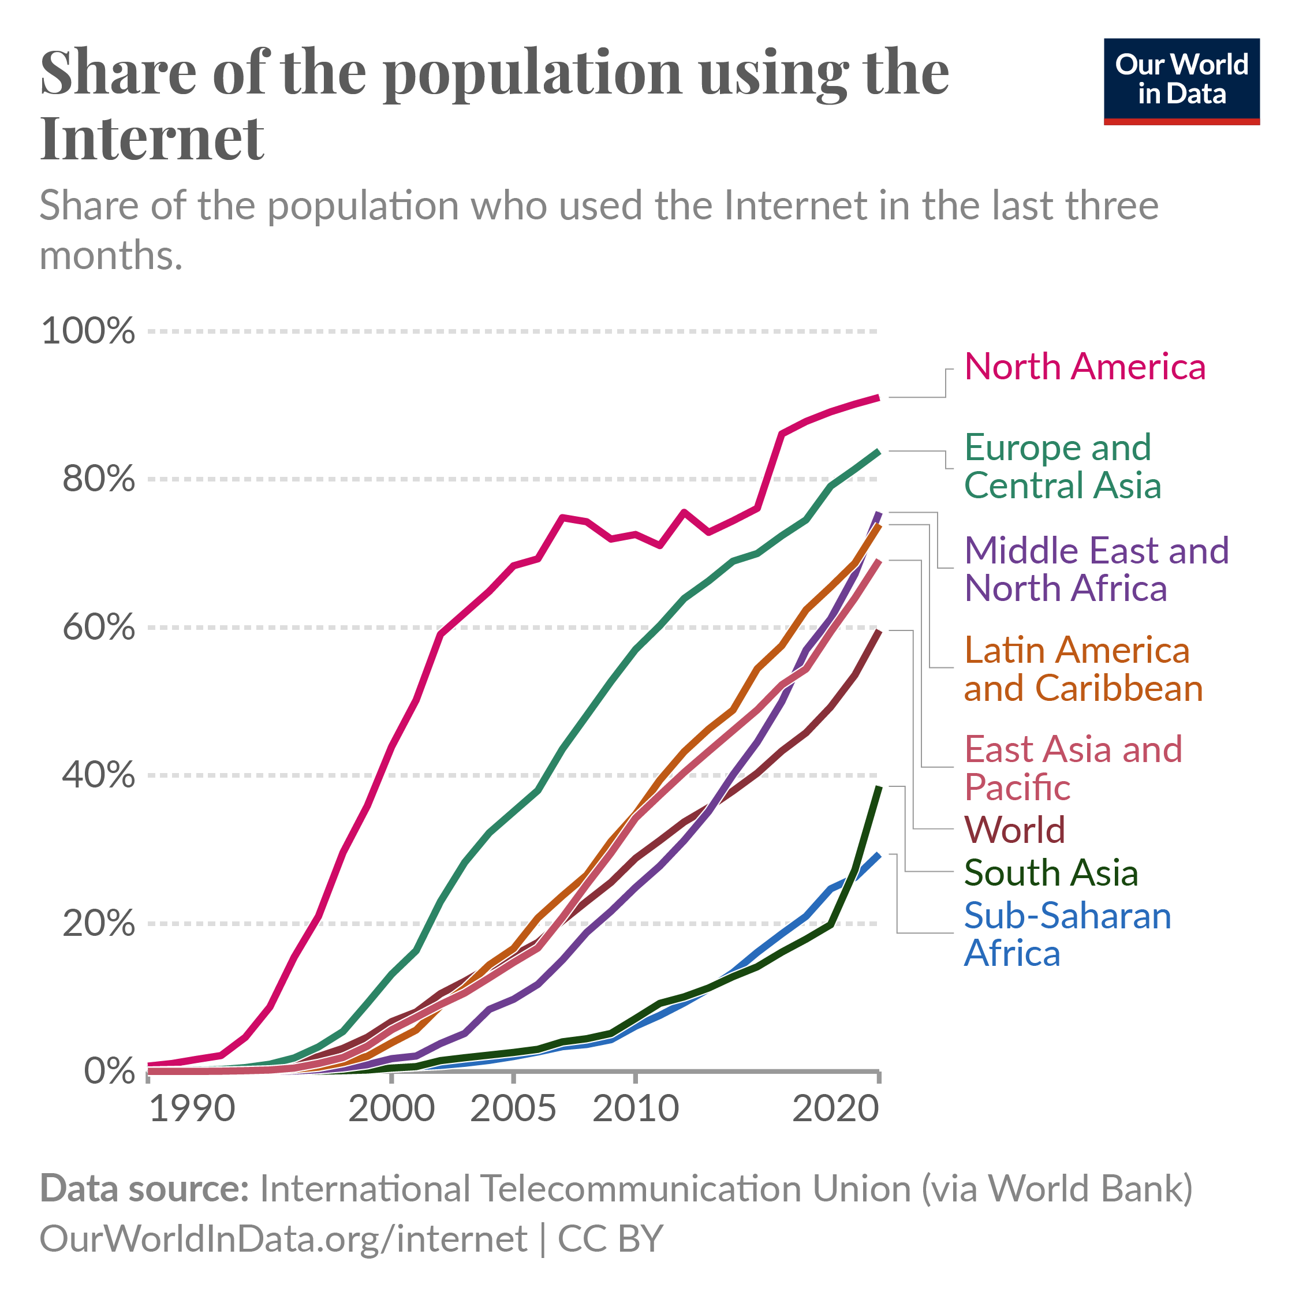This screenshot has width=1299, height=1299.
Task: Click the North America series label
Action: pyautogui.click(x=1084, y=367)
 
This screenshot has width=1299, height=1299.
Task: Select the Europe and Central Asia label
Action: pyautogui.click(x=1062, y=466)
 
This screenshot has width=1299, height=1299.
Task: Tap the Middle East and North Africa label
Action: pyautogui.click(x=1096, y=569)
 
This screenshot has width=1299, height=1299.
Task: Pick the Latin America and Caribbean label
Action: pyautogui.click(x=1083, y=669)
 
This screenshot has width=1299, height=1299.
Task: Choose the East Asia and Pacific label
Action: pyautogui.click(x=1073, y=768)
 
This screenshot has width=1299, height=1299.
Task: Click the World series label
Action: pyautogui.click(x=1014, y=830)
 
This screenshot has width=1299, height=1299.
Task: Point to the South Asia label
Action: pyautogui.click(x=1051, y=873)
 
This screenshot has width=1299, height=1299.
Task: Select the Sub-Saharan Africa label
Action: pyautogui.click(x=1067, y=935)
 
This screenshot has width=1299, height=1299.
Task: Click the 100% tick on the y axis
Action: pyautogui.click(x=88, y=331)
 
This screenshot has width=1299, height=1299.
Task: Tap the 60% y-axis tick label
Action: pyautogui.click(x=99, y=628)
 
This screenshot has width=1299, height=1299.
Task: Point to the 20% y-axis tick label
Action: pyautogui.click(x=99, y=924)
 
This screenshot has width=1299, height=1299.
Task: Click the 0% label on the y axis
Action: pyautogui.click(x=110, y=1071)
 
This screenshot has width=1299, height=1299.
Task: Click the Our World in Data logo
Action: pyautogui.click(x=1181, y=81)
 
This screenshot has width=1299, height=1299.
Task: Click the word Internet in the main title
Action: pyautogui.click(x=152, y=138)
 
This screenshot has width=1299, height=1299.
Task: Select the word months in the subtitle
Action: pyautogui.click(x=111, y=256)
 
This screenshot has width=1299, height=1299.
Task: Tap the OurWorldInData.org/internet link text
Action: pyautogui.click(x=283, y=1238)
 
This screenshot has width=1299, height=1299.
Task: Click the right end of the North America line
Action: pyautogui.click(x=879, y=398)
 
